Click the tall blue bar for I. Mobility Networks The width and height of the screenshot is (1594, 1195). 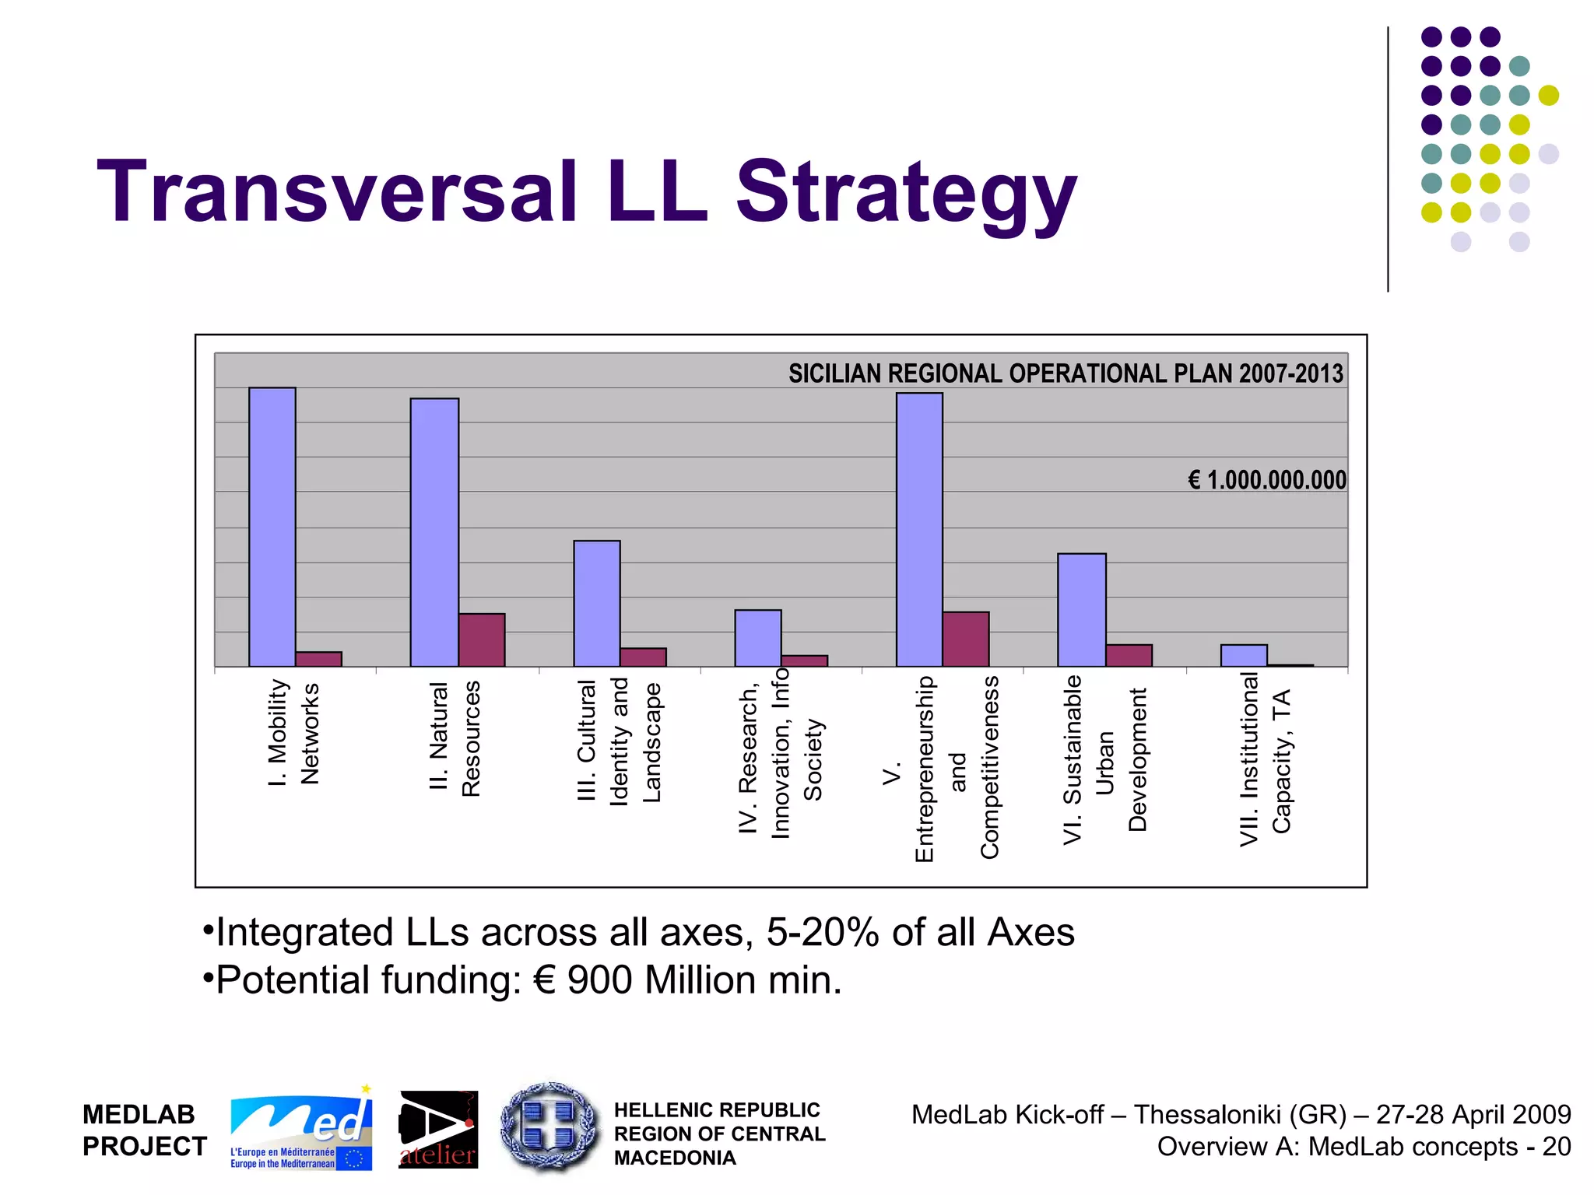click(272, 527)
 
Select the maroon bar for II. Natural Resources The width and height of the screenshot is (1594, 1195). click(481, 640)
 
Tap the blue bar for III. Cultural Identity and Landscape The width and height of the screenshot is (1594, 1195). click(596, 603)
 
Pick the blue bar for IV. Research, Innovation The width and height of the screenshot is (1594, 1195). click(757, 638)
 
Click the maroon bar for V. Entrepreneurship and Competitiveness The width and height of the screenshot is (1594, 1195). click(965, 639)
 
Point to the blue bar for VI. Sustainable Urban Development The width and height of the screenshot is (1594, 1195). click(1081, 610)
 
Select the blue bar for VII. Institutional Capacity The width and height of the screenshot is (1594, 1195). click(1243, 656)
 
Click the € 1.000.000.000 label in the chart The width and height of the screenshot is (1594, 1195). click(1266, 480)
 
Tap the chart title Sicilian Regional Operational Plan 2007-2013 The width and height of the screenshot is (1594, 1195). click(1066, 373)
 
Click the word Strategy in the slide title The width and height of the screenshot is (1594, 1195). click(906, 192)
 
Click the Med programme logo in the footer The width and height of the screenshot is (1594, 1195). click(301, 1130)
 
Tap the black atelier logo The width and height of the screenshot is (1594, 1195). click(438, 1130)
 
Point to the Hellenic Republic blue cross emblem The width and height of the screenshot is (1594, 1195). click(550, 1127)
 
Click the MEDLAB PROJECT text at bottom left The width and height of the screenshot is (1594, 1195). click(145, 1130)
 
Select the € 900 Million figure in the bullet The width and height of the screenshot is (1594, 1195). click(645, 980)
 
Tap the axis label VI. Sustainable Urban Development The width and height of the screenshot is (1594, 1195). click(1104, 759)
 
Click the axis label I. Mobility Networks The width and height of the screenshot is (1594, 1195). click(293, 733)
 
